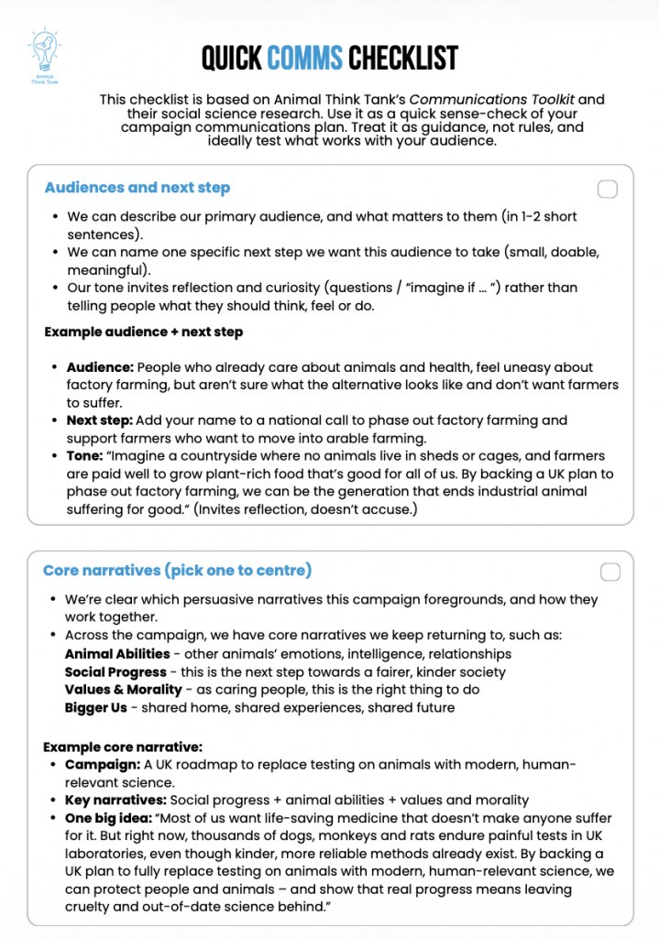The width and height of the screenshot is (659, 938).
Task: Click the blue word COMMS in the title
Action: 305,59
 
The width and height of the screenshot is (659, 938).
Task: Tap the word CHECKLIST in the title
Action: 402,59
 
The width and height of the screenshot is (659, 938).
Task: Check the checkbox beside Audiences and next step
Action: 607,190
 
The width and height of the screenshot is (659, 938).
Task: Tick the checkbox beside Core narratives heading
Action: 610,573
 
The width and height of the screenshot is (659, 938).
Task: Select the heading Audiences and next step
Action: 137,188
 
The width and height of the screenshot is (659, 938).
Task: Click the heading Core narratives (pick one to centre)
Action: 177,571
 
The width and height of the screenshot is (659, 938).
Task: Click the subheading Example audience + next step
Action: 143,332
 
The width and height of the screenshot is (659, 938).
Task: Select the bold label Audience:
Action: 100,367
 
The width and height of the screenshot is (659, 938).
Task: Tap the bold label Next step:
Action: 99,420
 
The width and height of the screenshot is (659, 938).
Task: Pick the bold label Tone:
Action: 85,456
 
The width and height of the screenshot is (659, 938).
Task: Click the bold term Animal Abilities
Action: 116,654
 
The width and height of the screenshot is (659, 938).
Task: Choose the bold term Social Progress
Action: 115,672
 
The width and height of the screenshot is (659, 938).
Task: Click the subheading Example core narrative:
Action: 123,747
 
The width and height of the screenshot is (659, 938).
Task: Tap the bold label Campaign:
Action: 102,765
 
